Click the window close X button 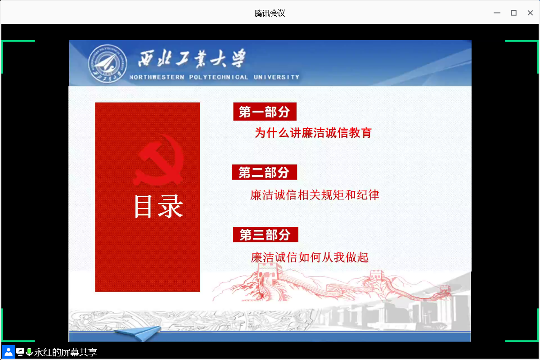(530, 13)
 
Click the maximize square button (513, 13)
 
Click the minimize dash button (497, 13)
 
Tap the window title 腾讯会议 (270, 13)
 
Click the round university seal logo (107, 63)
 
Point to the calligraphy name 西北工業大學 (192, 58)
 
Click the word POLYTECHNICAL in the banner (219, 77)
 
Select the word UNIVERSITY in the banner (276, 77)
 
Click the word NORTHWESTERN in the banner (157, 77)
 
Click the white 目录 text (158, 207)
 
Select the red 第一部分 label (265, 112)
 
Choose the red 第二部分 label (264, 172)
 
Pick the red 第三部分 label (265, 234)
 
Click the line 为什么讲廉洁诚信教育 (313, 133)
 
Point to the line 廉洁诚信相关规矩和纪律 (315, 195)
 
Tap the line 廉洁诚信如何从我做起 (310, 257)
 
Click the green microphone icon (29, 352)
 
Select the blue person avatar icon (9, 352)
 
